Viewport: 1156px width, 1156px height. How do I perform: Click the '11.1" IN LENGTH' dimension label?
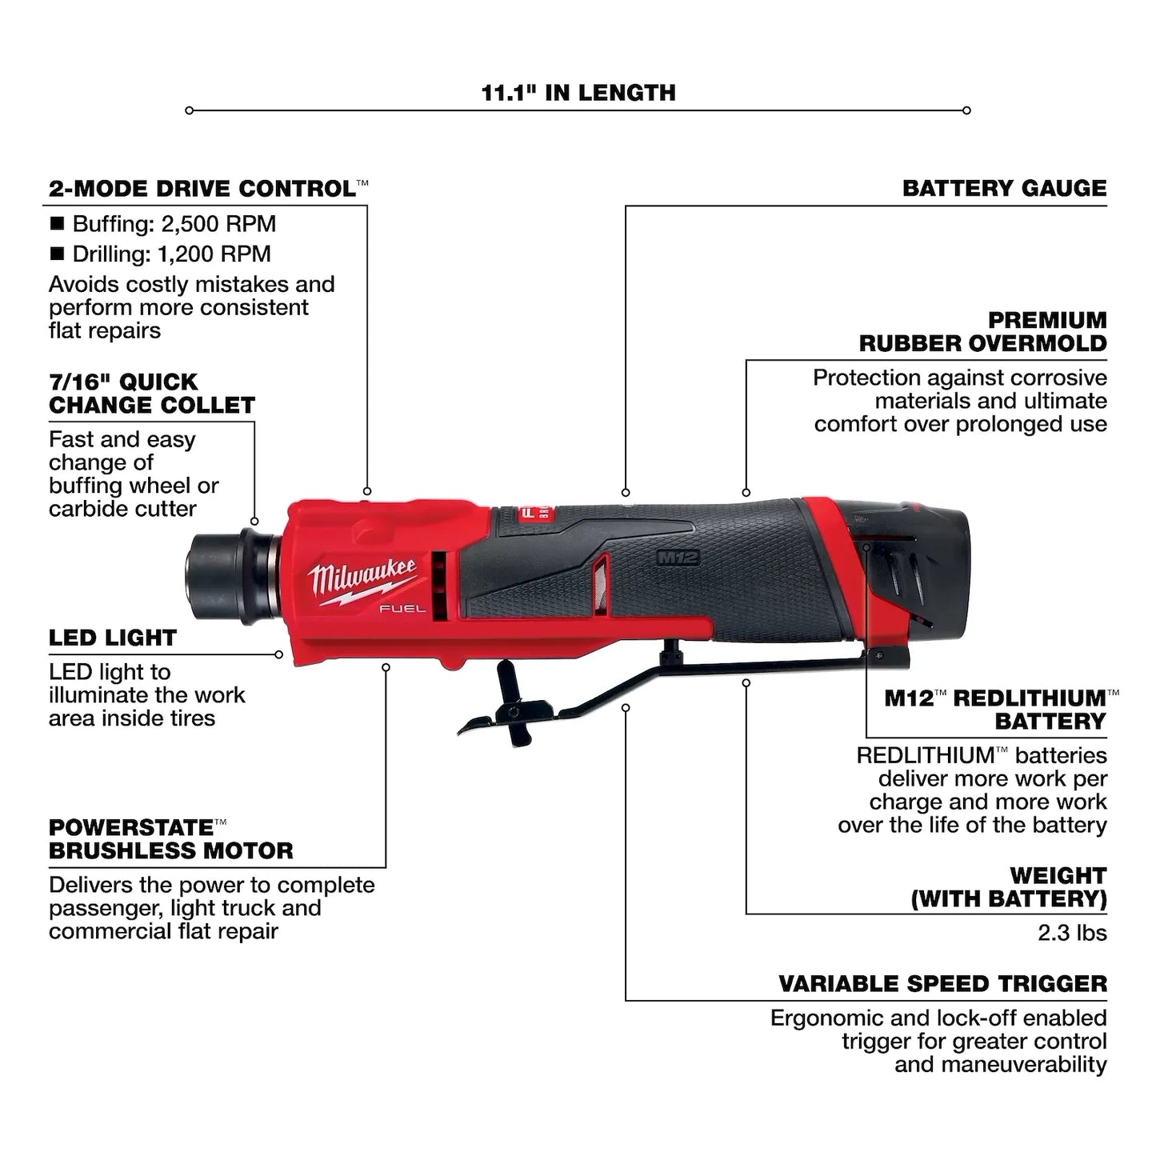pos(578,93)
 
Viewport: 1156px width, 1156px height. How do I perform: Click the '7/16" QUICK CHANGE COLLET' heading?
pos(151,394)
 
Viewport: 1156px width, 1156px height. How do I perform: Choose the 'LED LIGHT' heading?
pos(112,638)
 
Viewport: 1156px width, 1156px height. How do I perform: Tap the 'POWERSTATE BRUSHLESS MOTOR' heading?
pos(170,838)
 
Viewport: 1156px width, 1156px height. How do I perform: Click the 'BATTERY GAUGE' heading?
pos(1004,189)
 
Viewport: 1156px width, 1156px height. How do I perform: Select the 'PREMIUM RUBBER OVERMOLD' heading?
pos(982,331)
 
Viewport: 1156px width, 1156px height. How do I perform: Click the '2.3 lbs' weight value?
pos(1072,933)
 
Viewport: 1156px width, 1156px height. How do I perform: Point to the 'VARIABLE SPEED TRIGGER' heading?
pos(942,984)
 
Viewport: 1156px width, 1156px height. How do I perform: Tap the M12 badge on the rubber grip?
pos(678,558)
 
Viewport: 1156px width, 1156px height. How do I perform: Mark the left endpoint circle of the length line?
pos(190,110)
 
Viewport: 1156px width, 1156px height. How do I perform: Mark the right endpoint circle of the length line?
pos(966,110)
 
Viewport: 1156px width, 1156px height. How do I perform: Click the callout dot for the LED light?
pos(278,654)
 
